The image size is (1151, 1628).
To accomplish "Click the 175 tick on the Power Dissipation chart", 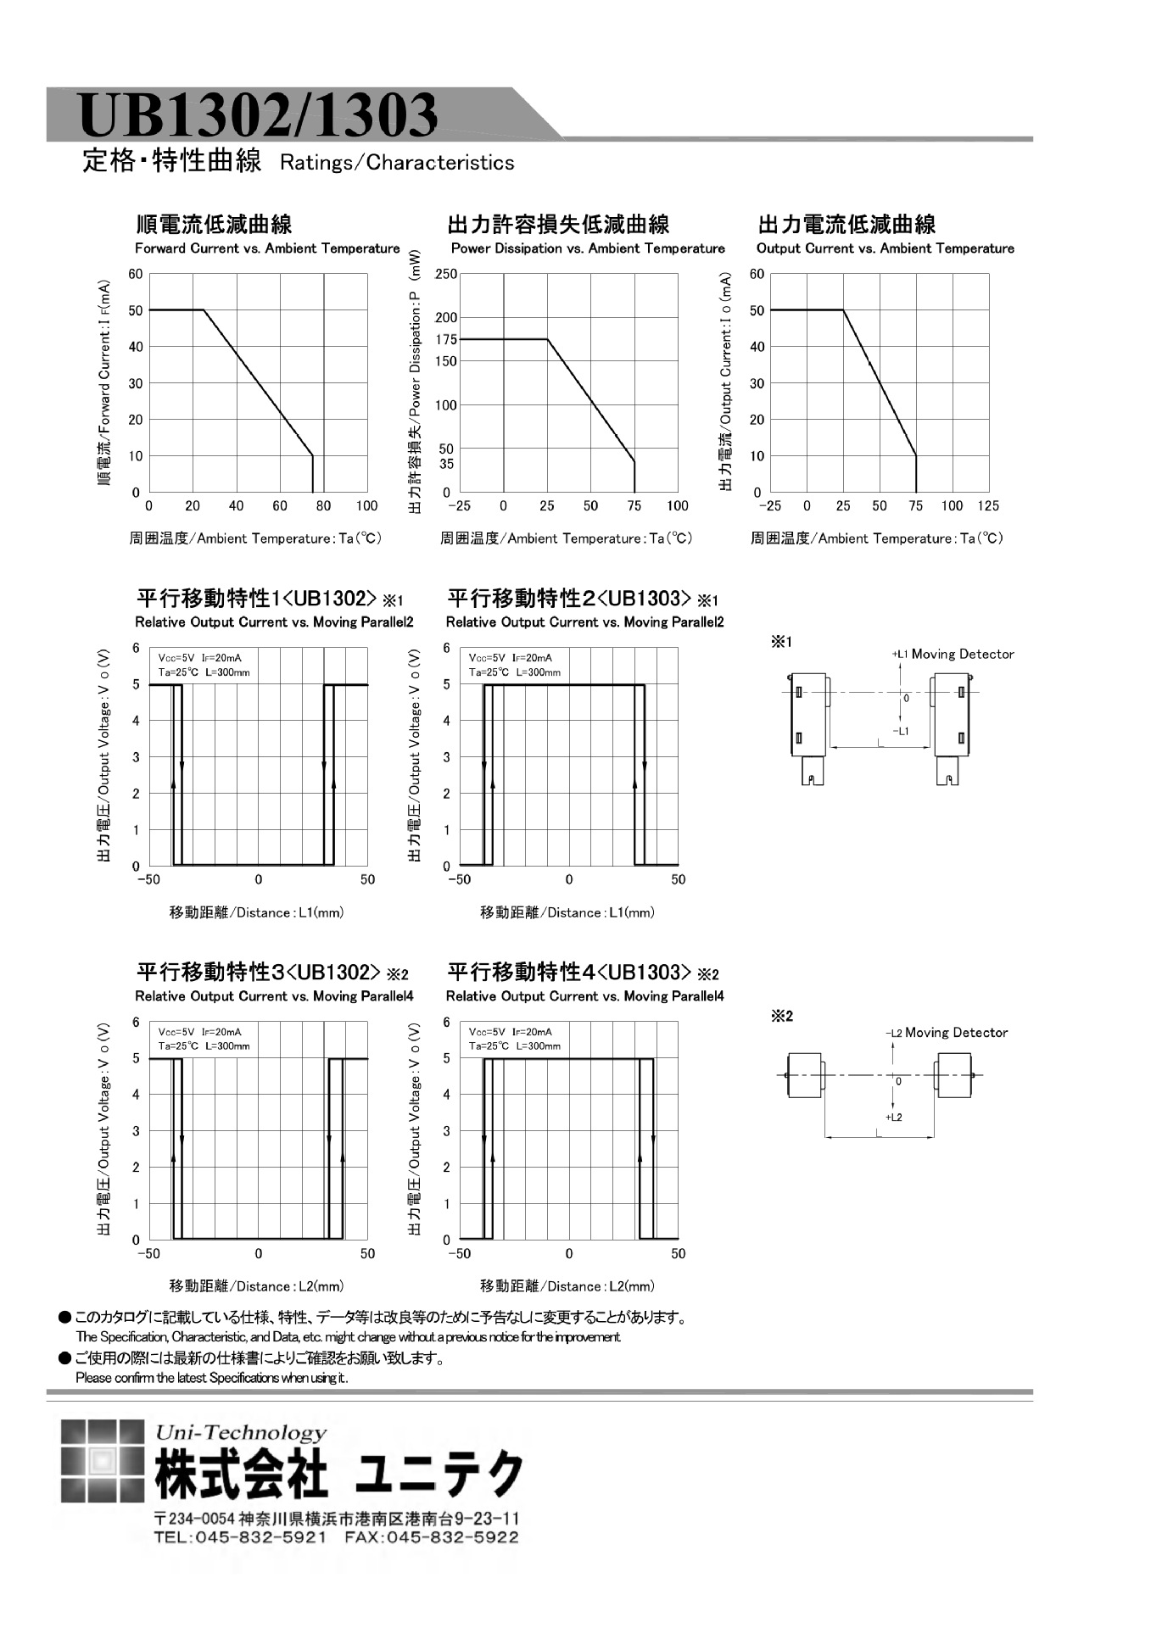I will [447, 339].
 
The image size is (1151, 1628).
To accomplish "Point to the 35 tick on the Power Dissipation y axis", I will [447, 464].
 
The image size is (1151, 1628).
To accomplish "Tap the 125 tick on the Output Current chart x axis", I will [988, 506].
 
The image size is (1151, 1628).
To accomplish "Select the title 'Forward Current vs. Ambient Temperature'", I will [267, 248].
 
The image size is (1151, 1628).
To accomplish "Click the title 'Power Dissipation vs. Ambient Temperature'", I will [588, 248].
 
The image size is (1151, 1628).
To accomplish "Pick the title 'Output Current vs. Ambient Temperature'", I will [885, 248].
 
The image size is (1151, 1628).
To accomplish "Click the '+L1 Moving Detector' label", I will [953, 654].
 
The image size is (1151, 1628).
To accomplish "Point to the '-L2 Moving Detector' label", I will [947, 1033].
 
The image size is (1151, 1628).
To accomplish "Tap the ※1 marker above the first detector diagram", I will [781, 642].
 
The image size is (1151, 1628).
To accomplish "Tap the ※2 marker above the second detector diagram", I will [781, 1016].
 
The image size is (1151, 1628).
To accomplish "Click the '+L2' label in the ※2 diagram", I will [894, 1118].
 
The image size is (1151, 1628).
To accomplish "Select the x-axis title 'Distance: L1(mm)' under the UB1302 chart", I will [257, 912].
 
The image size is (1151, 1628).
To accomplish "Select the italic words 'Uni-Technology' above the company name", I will [241, 1432].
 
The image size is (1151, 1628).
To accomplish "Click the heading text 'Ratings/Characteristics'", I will [397, 163].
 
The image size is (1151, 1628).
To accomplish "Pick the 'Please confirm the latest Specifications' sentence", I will [212, 1378].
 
